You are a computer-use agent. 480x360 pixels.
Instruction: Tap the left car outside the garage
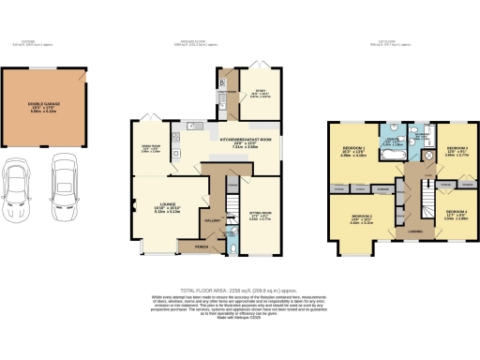tap(20, 184)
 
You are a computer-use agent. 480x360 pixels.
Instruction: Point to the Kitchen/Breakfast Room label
tap(245, 140)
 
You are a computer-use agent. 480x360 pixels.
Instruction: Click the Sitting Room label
tap(258, 217)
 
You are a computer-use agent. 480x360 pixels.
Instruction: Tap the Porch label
tap(201, 247)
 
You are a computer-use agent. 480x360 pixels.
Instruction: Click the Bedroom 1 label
tap(353, 151)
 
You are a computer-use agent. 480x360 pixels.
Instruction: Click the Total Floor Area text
tap(239, 292)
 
